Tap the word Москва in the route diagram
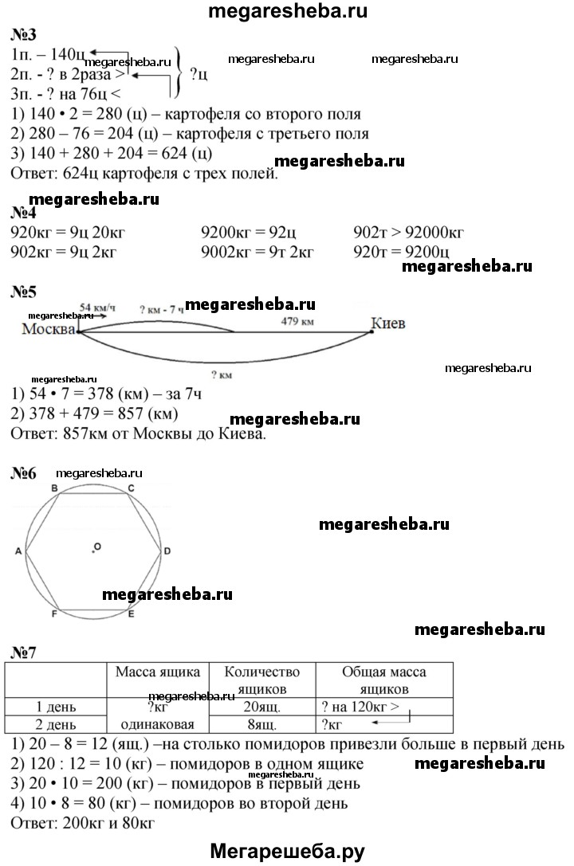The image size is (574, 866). point(49,329)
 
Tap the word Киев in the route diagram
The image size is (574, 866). point(388,323)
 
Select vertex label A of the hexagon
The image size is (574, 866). point(18,551)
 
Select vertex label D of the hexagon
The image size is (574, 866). point(167,551)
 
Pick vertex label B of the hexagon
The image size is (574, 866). point(54,488)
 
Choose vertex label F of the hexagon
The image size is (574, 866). point(54,614)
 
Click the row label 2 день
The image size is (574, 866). point(55,724)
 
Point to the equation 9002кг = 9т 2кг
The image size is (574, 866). point(258,252)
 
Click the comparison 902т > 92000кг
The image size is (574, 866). point(409,233)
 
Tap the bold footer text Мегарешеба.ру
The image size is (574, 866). point(286,852)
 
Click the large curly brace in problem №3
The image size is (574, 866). point(180,72)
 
